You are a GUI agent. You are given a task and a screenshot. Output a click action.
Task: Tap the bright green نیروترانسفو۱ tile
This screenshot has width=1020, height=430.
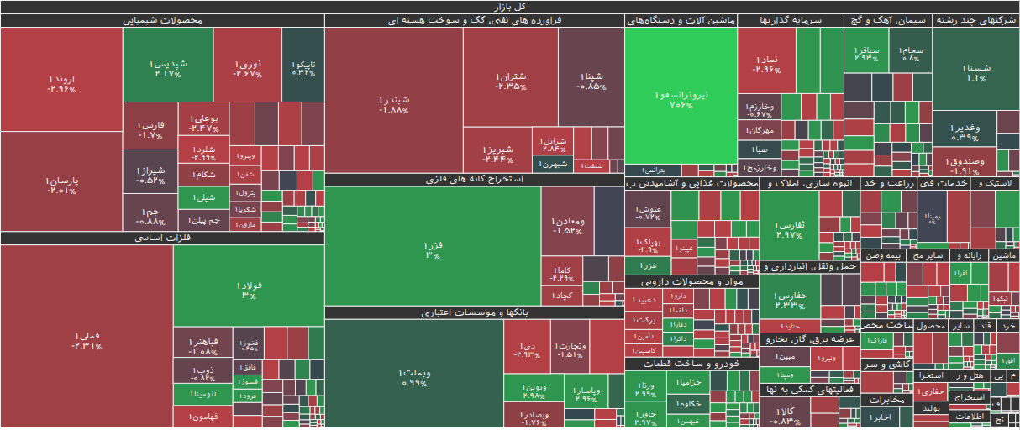click(x=681, y=99)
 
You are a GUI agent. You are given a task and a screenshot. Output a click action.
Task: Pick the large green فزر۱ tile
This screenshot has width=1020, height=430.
click(x=433, y=249)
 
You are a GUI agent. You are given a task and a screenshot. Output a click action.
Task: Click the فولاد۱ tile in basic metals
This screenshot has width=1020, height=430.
click(x=249, y=290)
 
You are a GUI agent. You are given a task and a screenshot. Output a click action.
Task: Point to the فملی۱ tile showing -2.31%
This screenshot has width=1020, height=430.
click(x=87, y=340)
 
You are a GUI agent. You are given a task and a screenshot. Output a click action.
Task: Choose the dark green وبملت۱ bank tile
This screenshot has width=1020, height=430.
click(x=414, y=376)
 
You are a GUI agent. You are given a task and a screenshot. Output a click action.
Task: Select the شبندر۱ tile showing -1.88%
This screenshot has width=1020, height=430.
click(x=393, y=104)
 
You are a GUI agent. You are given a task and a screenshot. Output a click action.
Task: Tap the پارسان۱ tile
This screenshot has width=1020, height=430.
click(x=61, y=186)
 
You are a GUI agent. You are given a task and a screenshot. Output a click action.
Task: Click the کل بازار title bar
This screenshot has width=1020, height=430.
click(x=510, y=6)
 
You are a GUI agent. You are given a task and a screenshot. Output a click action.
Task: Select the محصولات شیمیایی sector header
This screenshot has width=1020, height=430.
click(x=163, y=20)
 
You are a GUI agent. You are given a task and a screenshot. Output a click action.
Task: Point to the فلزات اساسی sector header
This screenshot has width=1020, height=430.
click(x=163, y=239)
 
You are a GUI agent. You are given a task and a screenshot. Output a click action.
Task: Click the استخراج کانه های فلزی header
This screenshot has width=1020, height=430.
click(x=474, y=180)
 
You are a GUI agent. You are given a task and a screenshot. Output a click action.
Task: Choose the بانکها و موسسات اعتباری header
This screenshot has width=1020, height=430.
click(x=474, y=312)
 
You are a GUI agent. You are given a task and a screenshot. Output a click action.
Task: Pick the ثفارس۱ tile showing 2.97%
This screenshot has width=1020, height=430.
click(x=788, y=229)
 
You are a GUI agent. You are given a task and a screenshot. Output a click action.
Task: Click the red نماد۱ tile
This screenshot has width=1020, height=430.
click(x=767, y=64)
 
